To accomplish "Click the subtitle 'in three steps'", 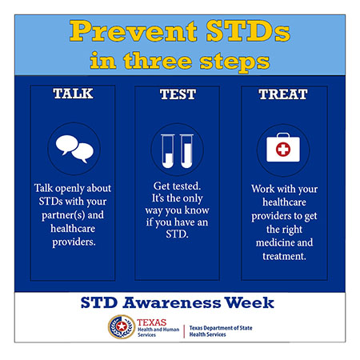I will (179, 60).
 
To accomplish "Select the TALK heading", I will (73, 94).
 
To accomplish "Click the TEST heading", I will (177, 94).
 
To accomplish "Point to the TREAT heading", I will (282, 94).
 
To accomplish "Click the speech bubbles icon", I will (73, 150).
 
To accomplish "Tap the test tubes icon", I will (177, 150).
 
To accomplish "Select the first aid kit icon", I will (282, 150).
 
